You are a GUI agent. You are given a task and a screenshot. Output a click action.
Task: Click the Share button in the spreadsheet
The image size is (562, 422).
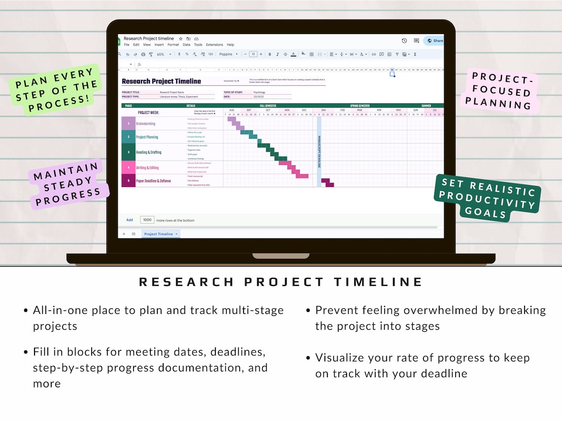[435, 41]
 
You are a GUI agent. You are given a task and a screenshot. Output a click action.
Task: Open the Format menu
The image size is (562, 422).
[173, 45]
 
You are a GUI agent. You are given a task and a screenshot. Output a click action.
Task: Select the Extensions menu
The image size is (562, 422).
[214, 45]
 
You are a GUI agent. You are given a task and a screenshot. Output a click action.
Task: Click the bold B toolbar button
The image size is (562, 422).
[270, 54]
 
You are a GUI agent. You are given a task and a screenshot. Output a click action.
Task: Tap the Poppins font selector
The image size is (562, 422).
[228, 54]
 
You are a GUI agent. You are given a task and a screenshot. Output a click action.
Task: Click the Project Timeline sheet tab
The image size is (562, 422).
[160, 234]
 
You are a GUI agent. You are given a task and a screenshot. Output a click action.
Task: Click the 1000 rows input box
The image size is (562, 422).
[147, 220]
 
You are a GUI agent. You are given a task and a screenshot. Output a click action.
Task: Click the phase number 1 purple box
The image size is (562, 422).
[128, 123]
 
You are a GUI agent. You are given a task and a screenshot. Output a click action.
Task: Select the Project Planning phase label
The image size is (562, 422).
[147, 137]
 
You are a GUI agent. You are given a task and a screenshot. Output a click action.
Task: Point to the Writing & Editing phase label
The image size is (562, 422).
[147, 168]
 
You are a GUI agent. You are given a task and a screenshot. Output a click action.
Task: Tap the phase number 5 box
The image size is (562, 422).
[128, 181]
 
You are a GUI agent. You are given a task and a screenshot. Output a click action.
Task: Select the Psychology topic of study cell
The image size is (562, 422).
[259, 92]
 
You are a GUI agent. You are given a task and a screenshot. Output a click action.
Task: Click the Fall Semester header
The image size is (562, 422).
[268, 106]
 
